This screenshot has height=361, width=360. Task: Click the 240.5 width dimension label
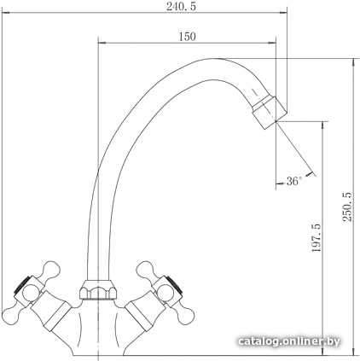coord(181,7)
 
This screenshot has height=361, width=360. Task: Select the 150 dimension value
coord(187,37)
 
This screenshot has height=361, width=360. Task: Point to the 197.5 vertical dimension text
coord(316,237)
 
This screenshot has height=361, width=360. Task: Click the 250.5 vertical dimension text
coord(347,207)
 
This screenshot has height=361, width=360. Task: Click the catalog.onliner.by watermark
coord(289,341)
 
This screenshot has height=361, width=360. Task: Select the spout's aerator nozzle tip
coord(270,113)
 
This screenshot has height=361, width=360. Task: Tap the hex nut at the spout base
coord(98,289)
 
